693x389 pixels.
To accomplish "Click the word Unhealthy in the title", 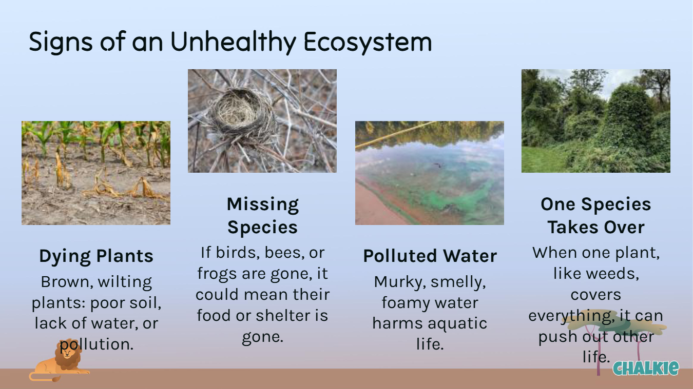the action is tap(234, 42).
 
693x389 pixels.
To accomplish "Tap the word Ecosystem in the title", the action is tap(368, 42).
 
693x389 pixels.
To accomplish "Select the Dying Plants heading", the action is tap(96, 256).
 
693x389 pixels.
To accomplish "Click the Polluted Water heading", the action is tap(430, 256).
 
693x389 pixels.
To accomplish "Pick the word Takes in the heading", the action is tap(572, 227).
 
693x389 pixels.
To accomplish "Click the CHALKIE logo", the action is tap(646, 368).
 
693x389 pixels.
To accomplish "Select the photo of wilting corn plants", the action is tap(96, 173).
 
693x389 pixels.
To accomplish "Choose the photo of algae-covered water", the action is tap(430, 173).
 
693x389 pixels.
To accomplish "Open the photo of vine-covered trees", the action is tap(596, 121).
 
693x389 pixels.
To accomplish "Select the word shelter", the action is tap(284, 316).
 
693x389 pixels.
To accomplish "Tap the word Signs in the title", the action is tap(61, 42).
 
